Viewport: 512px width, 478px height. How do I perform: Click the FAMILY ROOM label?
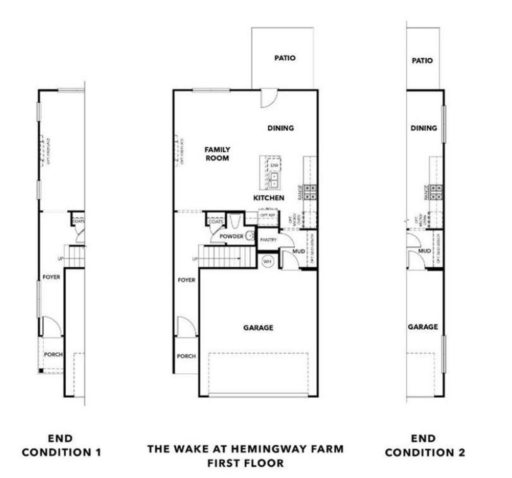click(x=217, y=154)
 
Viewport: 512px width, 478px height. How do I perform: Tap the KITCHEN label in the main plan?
click(x=269, y=198)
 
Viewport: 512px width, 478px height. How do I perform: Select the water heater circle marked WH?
click(x=267, y=262)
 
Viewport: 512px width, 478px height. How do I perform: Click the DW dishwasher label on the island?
click(x=274, y=165)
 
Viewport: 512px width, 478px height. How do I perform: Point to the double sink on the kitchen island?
click(x=274, y=180)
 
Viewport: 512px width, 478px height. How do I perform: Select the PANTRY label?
click(x=268, y=240)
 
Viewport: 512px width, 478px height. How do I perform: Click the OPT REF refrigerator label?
click(x=267, y=215)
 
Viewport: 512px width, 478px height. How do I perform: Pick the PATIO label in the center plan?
click(x=285, y=58)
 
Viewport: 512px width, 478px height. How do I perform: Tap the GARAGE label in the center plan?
click(x=258, y=328)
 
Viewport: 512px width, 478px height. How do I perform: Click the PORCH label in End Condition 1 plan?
click(x=53, y=355)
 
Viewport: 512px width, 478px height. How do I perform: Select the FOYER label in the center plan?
click(x=186, y=280)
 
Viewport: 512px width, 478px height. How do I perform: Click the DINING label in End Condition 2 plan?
click(x=424, y=128)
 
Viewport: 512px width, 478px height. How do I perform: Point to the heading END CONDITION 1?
click(x=61, y=445)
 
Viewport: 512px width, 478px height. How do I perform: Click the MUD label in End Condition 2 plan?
click(x=424, y=251)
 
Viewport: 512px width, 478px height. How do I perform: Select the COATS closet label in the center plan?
click(x=216, y=222)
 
